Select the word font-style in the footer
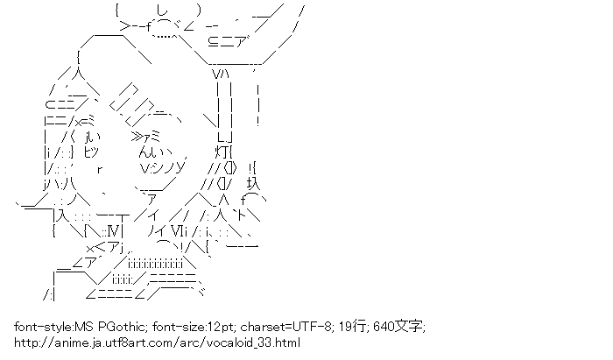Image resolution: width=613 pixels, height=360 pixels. click(x=42, y=327)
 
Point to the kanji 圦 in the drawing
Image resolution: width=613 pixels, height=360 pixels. click(x=254, y=183)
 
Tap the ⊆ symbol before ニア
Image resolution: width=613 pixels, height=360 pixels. click(x=215, y=39)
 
